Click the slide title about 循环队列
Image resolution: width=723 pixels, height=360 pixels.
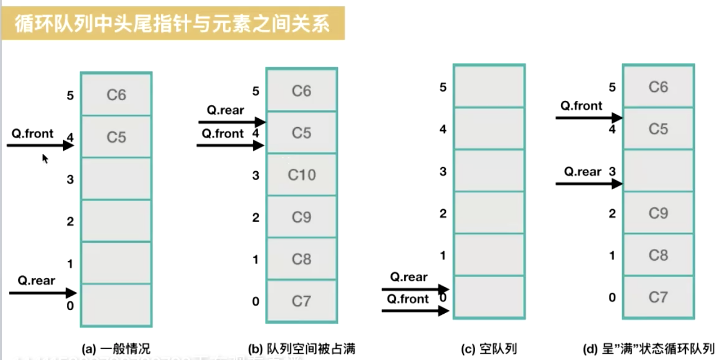172,24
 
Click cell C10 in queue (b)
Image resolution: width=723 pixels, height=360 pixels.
301,175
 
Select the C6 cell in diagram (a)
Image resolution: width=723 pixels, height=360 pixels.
116,95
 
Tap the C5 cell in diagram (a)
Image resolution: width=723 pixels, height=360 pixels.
116,137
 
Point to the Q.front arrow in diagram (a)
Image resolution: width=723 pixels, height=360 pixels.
41,146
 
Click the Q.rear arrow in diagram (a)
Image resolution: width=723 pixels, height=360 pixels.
43,293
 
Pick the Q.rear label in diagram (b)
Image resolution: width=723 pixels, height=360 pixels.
225,110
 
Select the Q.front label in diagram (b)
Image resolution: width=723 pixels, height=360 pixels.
223,134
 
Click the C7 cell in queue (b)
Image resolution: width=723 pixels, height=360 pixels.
301,301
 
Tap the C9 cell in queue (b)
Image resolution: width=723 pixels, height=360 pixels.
301,217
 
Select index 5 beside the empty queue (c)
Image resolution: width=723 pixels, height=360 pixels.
443,87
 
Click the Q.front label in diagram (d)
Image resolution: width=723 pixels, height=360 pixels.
581,106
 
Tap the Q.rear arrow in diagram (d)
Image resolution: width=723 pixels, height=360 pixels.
589,183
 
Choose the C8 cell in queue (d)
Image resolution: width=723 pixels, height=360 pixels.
658,255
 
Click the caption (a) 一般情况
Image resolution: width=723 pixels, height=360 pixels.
116,348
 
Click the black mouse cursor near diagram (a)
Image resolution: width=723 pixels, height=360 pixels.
45,158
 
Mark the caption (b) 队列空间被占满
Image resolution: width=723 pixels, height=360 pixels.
301,349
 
